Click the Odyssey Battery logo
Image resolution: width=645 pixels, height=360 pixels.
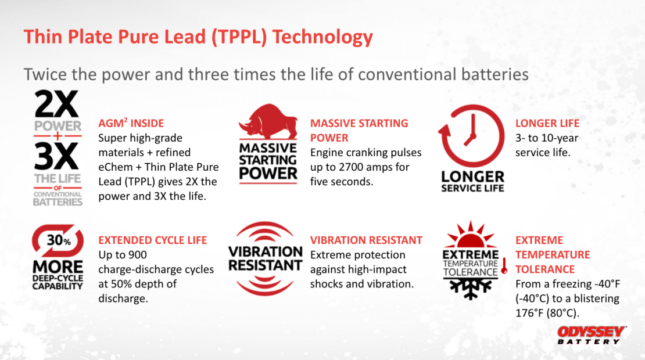(x=592, y=335)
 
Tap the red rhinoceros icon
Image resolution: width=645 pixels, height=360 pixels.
(x=268, y=121)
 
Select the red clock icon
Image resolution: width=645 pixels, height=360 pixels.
(x=472, y=135)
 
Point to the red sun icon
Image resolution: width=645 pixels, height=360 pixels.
(x=471, y=235)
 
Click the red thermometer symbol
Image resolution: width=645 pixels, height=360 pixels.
(x=504, y=266)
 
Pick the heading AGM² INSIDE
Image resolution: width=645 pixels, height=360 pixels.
(x=131, y=123)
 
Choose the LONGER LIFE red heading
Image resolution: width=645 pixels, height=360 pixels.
(x=547, y=123)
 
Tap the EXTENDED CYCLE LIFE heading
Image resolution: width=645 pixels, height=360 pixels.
(x=153, y=240)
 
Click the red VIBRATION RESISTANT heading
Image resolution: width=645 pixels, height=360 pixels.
(x=366, y=240)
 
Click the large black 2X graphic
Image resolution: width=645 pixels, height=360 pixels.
(x=56, y=104)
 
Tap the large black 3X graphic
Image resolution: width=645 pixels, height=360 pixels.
(x=56, y=156)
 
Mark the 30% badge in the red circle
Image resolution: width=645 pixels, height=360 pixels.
(x=58, y=240)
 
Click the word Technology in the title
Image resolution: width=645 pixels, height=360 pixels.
(x=322, y=37)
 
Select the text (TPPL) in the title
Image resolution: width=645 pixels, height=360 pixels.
(x=239, y=37)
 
